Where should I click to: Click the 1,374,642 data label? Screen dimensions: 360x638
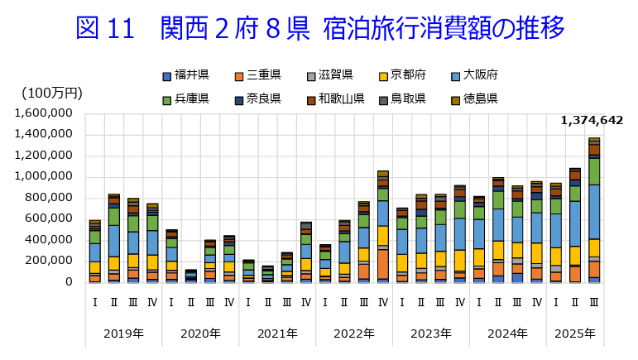click(591, 121)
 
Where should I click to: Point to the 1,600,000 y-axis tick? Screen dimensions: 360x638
click(44, 113)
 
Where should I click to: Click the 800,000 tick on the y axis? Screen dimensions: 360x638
click(50, 198)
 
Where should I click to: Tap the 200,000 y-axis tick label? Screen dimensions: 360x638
click(50, 261)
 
